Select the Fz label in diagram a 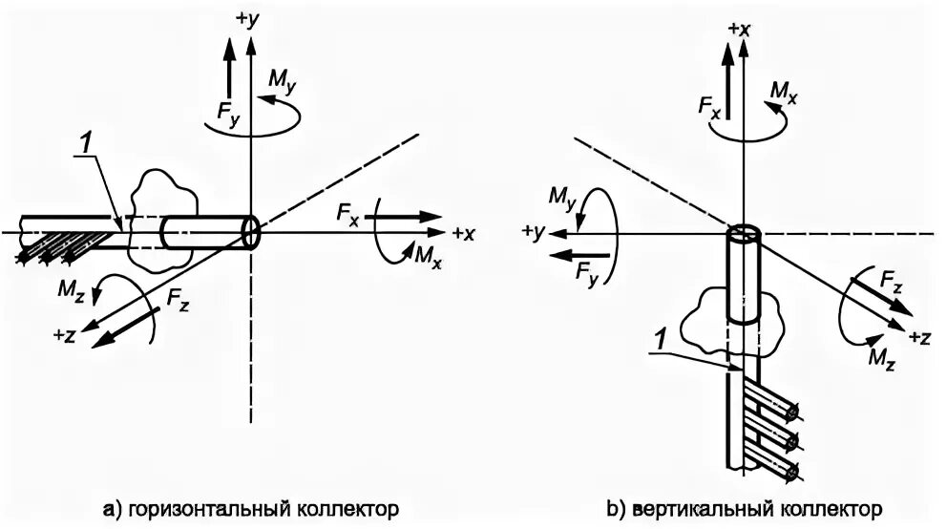[178, 298]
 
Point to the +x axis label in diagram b [739, 29]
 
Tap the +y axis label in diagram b [533, 232]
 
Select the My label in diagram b [562, 197]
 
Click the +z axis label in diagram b [920, 337]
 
